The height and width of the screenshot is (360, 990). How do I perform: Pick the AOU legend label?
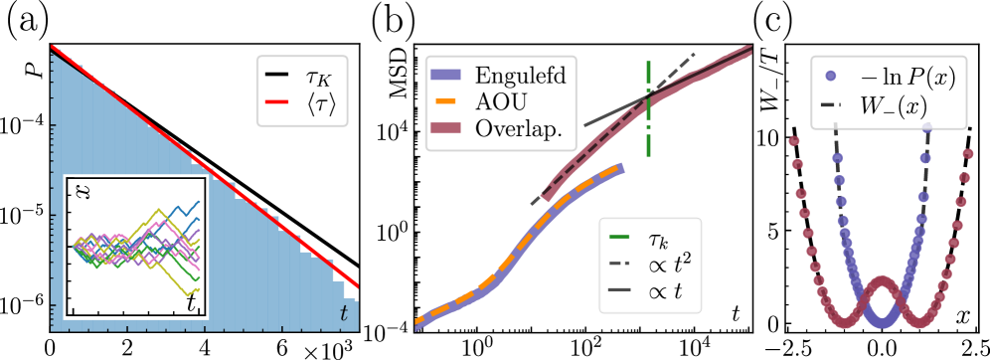tap(501, 102)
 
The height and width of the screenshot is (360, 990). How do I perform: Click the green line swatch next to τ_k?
tap(619, 241)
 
